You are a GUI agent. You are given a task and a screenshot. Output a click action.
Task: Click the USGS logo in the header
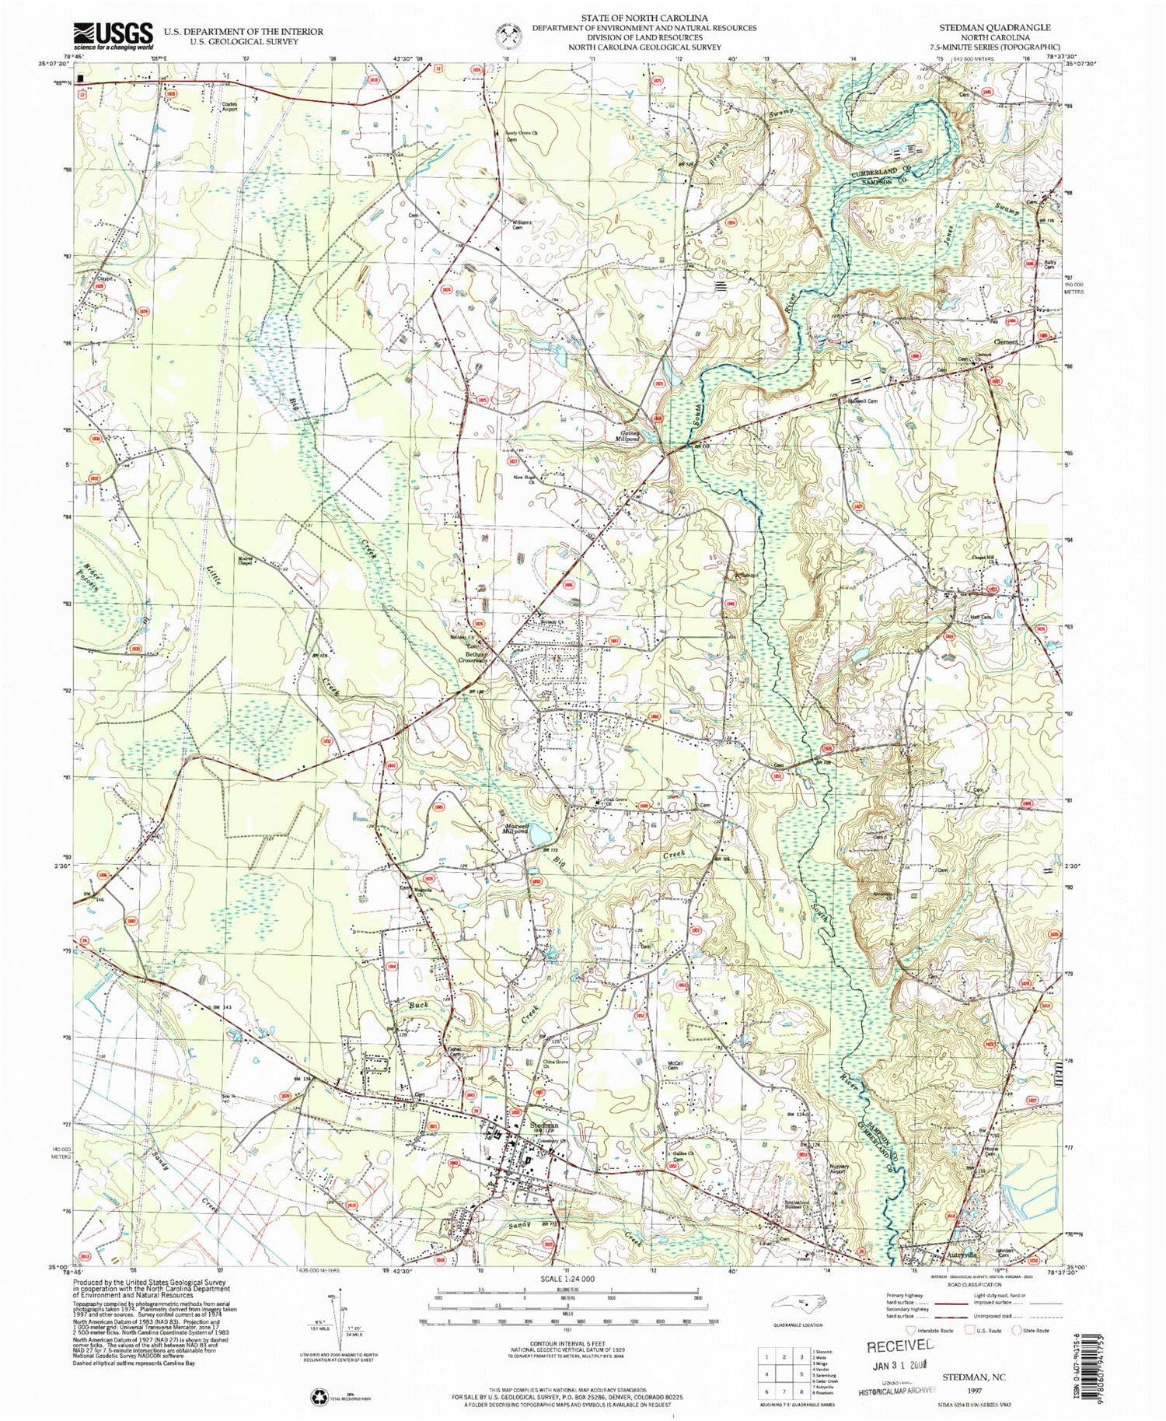(x=113, y=34)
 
